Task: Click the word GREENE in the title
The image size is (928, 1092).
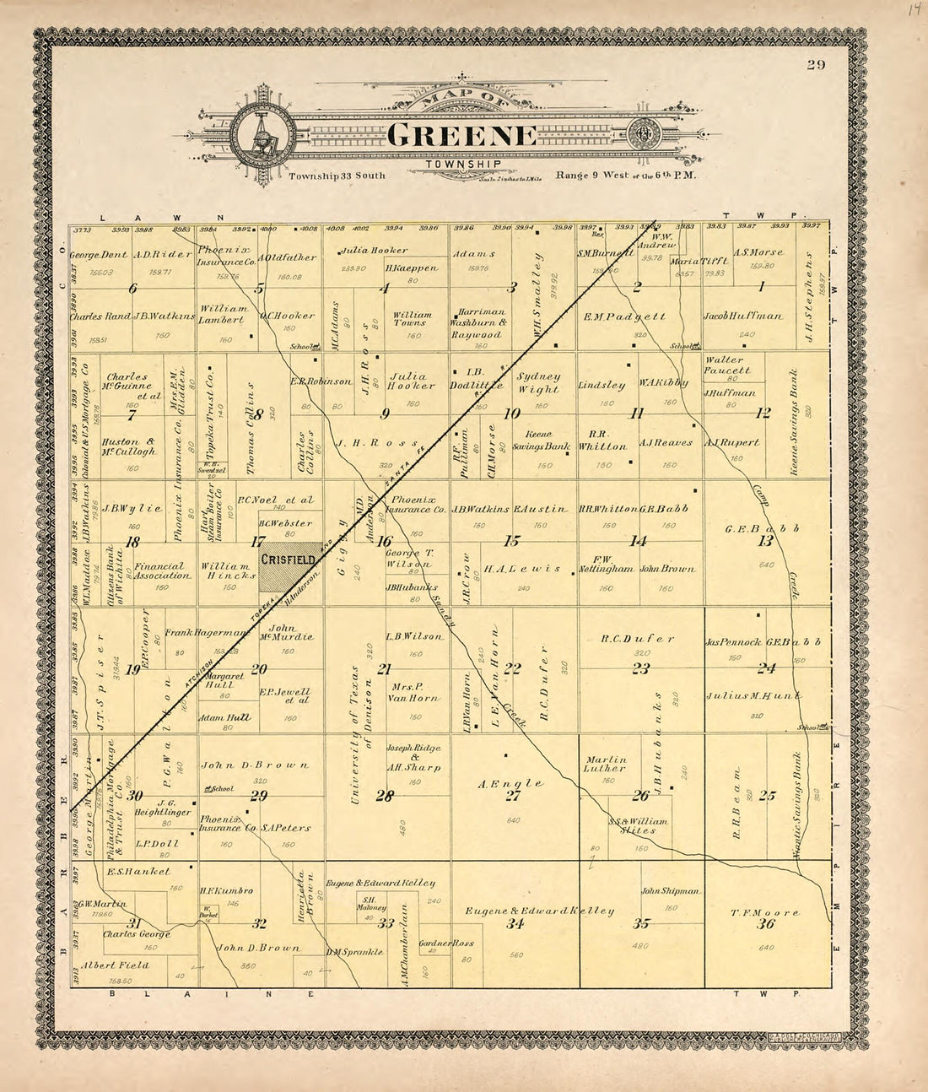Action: pyautogui.click(x=463, y=136)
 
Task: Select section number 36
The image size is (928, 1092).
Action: pyautogui.click(x=765, y=924)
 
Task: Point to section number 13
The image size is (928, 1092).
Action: pyautogui.click(x=765, y=541)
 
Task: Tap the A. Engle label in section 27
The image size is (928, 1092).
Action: pyautogui.click(x=510, y=783)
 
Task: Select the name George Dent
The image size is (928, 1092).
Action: pyautogui.click(x=99, y=255)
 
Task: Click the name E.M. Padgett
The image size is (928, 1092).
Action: pyautogui.click(x=624, y=316)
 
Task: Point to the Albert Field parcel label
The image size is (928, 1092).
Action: pyautogui.click(x=114, y=965)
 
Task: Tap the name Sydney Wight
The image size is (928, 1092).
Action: pyautogui.click(x=538, y=382)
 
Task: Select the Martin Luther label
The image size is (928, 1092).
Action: pyautogui.click(x=605, y=764)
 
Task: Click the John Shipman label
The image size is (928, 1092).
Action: pyautogui.click(x=671, y=890)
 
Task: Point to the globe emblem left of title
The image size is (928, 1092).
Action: pyautogui.click(x=264, y=135)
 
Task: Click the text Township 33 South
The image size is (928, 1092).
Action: pyautogui.click(x=337, y=176)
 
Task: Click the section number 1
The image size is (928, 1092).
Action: pyautogui.click(x=761, y=287)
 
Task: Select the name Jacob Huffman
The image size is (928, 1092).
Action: pyautogui.click(x=742, y=316)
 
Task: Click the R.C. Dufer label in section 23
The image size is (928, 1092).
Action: pyautogui.click(x=637, y=639)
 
